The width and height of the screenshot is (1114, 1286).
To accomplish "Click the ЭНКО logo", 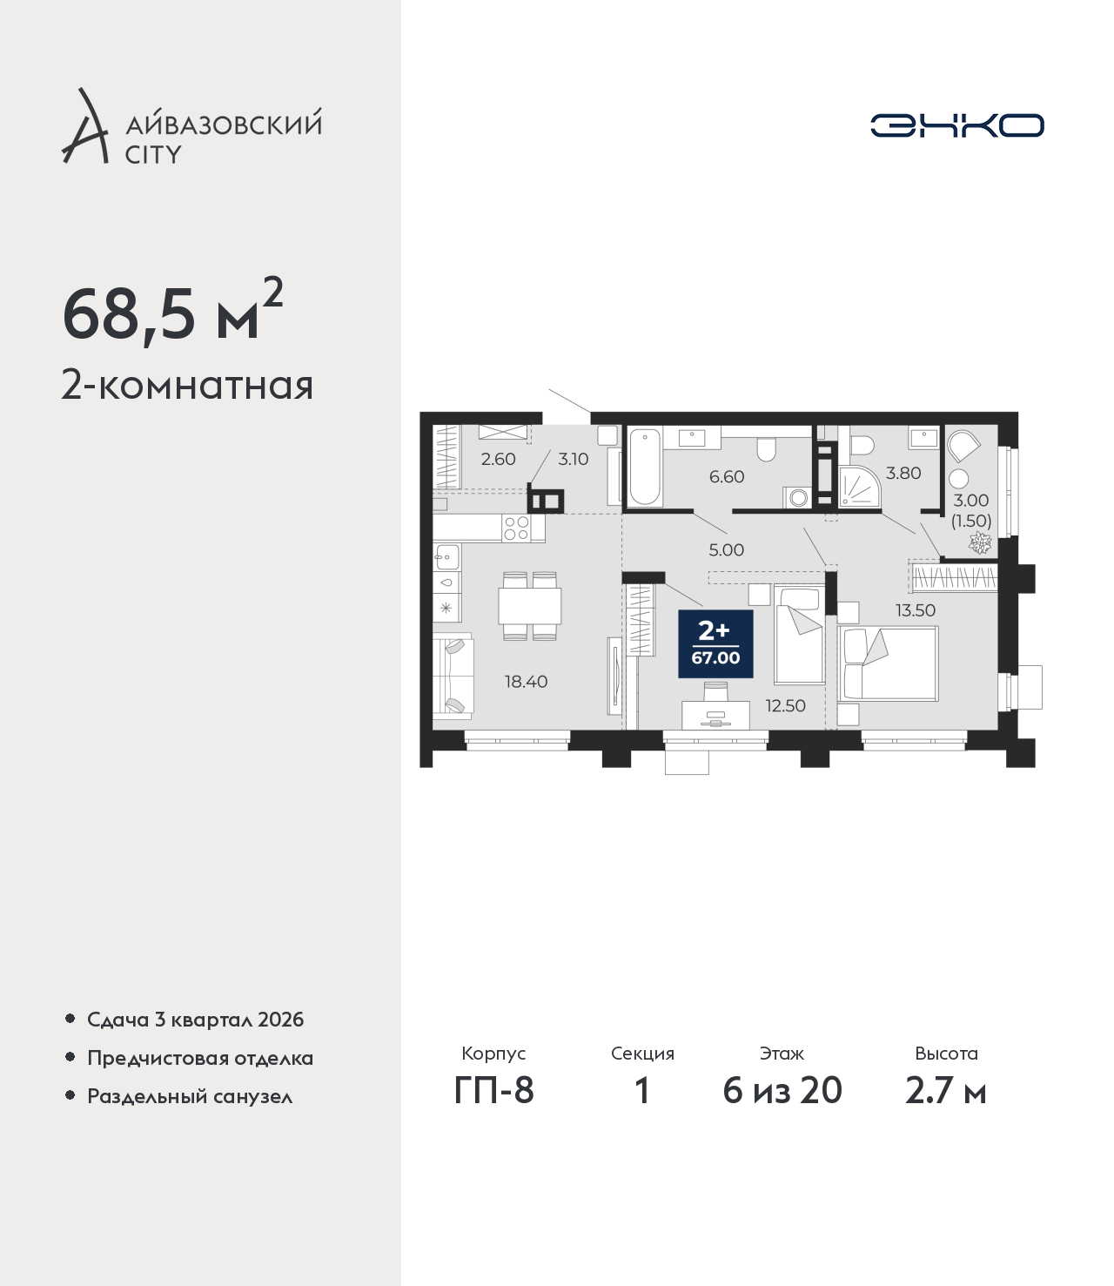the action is click(956, 125).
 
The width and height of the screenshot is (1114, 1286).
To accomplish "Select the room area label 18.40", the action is click(527, 682).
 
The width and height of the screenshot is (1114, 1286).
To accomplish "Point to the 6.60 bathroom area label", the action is click(727, 476).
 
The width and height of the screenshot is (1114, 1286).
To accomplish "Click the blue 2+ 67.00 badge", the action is click(715, 644).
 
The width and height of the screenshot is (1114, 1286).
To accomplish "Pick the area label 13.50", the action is click(916, 610).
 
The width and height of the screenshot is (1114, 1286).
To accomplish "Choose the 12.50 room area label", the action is click(786, 705).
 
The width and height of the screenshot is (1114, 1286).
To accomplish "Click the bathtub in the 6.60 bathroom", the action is click(644, 466).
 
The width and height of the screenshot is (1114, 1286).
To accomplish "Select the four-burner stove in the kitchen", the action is click(516, 529).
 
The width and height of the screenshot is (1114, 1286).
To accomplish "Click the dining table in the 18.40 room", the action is click(530, 605).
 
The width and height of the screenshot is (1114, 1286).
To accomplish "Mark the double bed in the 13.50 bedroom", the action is click(888, 663).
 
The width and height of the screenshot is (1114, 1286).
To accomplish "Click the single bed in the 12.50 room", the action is click(800, 635).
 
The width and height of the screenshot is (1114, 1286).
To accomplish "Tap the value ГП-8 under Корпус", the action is click(493, 1091).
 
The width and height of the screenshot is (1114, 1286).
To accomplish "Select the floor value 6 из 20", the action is click(782, 1091).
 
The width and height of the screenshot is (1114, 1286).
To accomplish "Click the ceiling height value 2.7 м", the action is click(945, 1091).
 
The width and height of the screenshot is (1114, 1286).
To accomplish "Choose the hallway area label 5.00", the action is click(727, 550).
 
